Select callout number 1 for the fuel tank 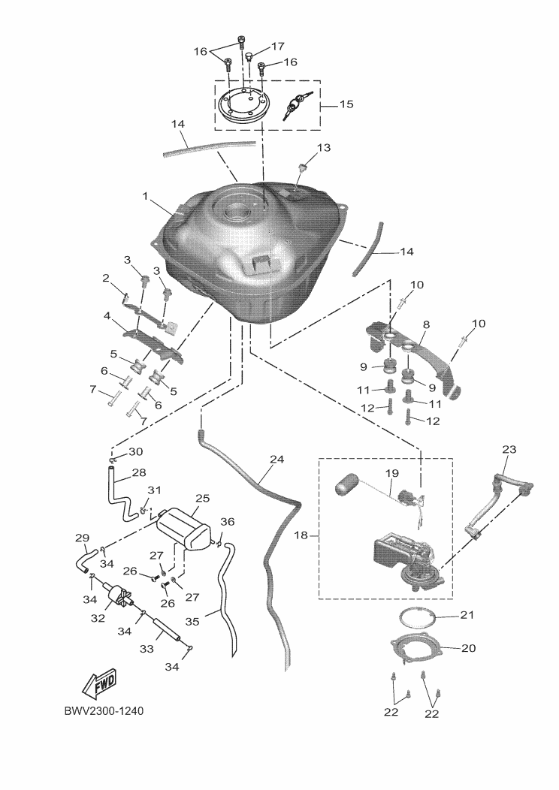[x=146, y=196]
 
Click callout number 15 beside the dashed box [x=346, y=104]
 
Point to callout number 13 [x=323, y=148]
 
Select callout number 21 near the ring [x=467, y=616]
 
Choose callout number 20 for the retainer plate [x=467, y=647]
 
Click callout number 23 [x=509, y=449]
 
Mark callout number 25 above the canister [x=202, y=498]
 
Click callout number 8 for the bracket [x=426, y=324]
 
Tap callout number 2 [x=106, y=278]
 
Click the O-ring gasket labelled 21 [x=418, y=619]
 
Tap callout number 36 [x=227, y=521]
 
